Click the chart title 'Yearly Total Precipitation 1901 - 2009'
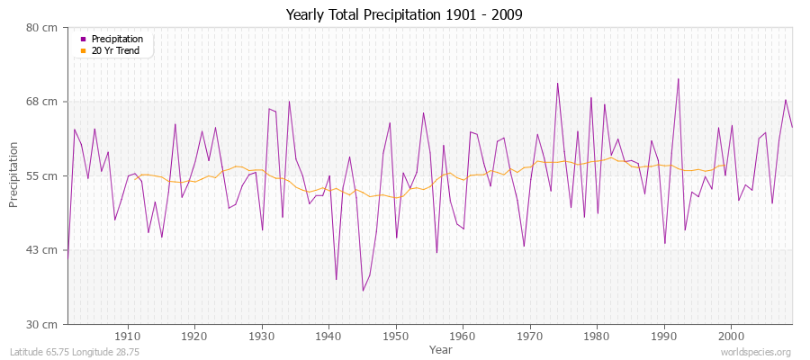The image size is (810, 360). (x=404, y=15)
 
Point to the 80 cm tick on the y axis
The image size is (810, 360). (x=43, y=27)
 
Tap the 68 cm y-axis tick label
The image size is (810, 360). (x=43, y=102)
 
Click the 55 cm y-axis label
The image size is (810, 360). (x=43, y=175)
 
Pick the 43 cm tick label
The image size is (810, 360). (x=43, y=249)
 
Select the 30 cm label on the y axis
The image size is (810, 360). (x=43, y=324)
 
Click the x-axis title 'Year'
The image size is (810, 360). (x=441, y=348)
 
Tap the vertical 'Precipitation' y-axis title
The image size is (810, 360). (x=13, y=175)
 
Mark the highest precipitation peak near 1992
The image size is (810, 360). (x=678, y=78)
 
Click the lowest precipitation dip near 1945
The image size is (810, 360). (x=363, y=290)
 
